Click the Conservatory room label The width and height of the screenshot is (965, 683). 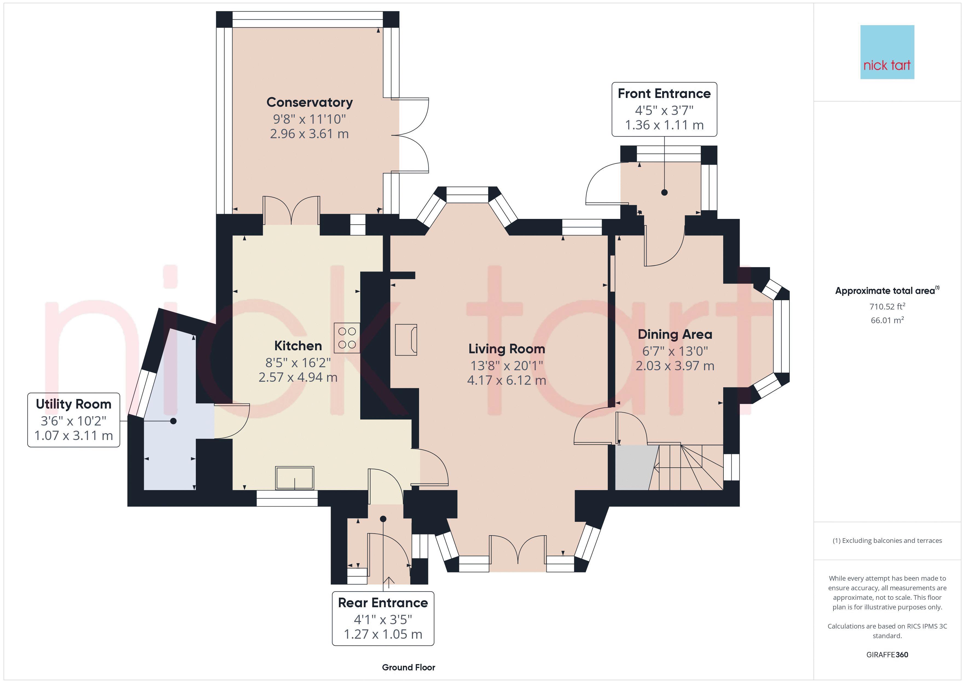tap(309, 102)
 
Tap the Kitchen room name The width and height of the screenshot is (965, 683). tap(298, 346)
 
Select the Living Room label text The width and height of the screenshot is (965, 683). tap(507, 349)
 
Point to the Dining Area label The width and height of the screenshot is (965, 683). tap(675, 334)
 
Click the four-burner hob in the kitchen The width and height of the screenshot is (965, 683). tap(347, 338)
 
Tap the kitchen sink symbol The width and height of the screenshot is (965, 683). tap(295, 478)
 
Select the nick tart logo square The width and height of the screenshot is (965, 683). tap(887, 52)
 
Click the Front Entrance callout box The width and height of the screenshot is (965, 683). tap(664, 109)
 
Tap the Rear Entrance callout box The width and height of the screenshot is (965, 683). tap(383, 618)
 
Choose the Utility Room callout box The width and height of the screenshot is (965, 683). tap(74, 420)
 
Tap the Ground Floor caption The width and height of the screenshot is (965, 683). tap(409, 667)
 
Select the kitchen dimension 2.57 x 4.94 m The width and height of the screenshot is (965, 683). tap(298, 377)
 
